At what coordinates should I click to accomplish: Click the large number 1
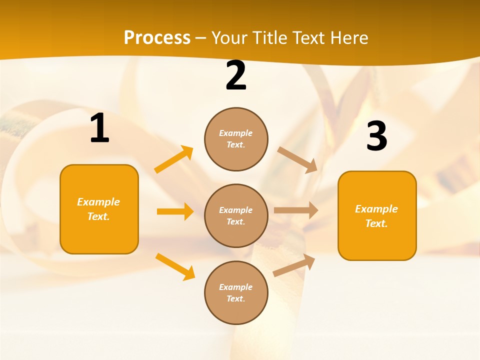[x=99, y=128]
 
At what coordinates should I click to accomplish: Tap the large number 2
[x=236, y=75]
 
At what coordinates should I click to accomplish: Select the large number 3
[x=376, y=136]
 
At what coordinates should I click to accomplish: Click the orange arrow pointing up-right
[x=174, y=159]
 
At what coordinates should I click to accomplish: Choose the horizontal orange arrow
[x=175, y=211]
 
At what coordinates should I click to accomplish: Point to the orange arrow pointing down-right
[x=175, y=266]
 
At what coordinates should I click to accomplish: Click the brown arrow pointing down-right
[x=297, y=159]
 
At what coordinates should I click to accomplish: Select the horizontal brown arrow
[x=295, y=210]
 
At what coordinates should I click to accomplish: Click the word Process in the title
[x=157, y=38]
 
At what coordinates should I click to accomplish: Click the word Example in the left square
[x=98, y=202]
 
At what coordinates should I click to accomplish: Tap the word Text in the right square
[x=376, y=223]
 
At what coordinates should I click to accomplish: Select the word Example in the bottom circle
[x=235, y=287]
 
